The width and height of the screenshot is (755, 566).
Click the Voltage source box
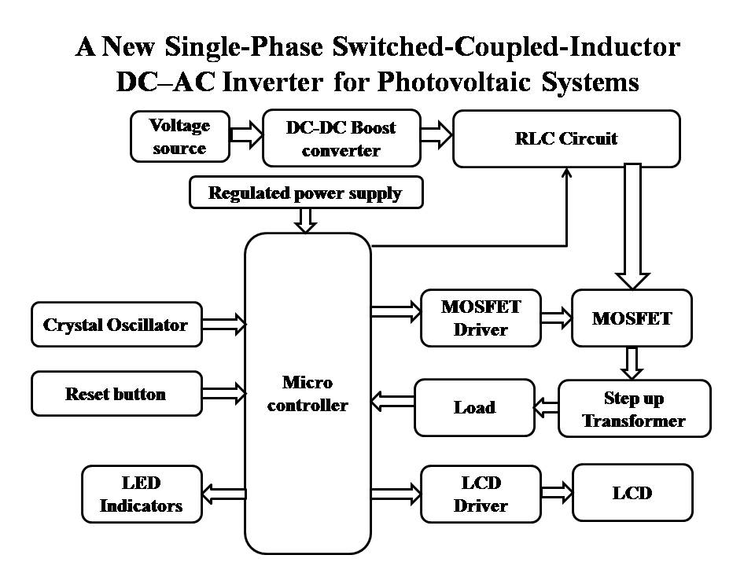pos(180,137)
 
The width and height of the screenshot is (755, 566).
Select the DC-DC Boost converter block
pos(341,138)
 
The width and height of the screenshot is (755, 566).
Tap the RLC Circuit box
pos(566,138)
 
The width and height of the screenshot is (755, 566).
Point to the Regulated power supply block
pos(306,193)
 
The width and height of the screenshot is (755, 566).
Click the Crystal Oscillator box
pos(116,324)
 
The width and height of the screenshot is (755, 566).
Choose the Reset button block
pos(116,394)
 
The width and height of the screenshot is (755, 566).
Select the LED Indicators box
pos(142,494)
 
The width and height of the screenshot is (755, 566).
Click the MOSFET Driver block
pos(481,318)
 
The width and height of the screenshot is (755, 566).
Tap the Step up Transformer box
pos(634,408)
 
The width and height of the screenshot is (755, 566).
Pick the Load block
pos(474,407)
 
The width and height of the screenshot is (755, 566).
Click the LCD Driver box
pos(481,494)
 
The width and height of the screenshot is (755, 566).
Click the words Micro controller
pos(308,394)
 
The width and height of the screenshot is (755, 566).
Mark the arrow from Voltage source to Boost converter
pos(246,137)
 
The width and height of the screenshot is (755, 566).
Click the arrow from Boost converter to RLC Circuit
pos(437,137)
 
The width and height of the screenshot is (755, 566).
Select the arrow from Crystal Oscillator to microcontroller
pos(223,323)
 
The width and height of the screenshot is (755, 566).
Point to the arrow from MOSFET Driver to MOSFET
pos(556,318)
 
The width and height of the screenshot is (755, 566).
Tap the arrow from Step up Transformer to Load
pos(547,406)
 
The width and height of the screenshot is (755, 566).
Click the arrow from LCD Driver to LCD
pos(556,494)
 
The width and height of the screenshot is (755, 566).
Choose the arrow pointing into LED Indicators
pos(224,494)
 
